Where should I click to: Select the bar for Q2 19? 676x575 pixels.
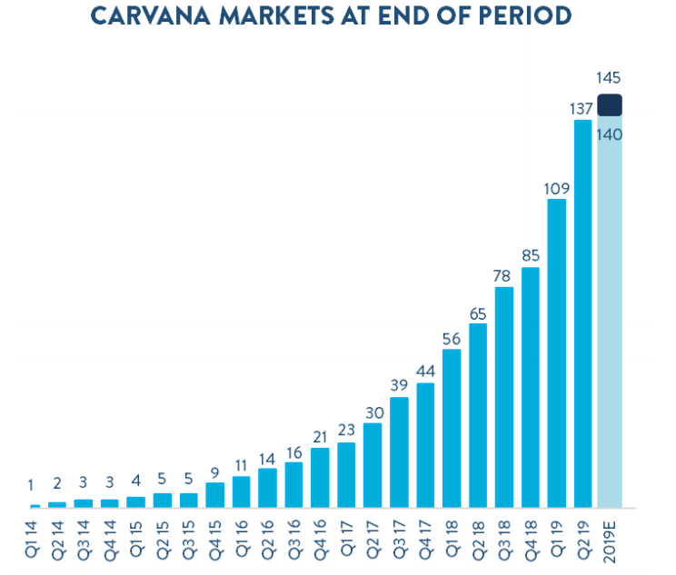pyautogui.click(x=582, y=313)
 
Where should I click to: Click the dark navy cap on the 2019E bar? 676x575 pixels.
pyautogui.click(x=609, y=105)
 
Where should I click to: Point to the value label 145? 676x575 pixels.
pyautogui.click(x=609, y=78)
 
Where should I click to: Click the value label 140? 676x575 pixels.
pyautogui.click(x=609, y=134)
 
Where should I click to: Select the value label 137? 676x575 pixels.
pyautogui.click(x=582, y=109)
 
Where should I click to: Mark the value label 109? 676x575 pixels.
pyautogui.click(x=556, y=188)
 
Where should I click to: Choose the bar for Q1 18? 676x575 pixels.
pyautogui.click(x=452, y=428)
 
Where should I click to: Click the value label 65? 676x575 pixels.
pyautogui.click(x=478, y=313)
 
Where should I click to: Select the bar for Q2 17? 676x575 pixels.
pyautogui.click(x=373, y=465)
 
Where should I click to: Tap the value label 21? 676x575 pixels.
pyautogui.click(x=320, y=437)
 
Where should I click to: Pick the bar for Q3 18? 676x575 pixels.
pyautogui.click(x=504, y=397)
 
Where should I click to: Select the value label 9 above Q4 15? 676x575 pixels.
pyautogui.click(x=215, y=471)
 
